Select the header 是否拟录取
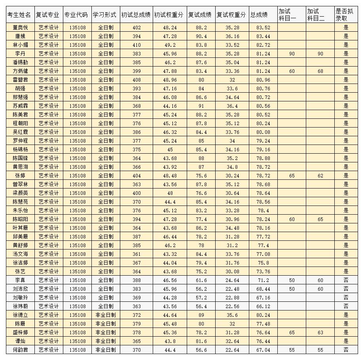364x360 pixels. (x=345, y=15)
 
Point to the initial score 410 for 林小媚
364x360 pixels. (x=136, y=45)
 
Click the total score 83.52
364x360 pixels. (x=263, y=27)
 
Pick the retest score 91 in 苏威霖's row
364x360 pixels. (x=201, y=106)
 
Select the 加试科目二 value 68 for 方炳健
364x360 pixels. (x=320, y=71)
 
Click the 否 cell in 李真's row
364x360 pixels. (x=346, y=280)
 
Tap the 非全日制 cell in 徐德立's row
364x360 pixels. (x=105, y=315)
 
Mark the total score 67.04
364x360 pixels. (x=263, y=350)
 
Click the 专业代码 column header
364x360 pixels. (x=77, y=15)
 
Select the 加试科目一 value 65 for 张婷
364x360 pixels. (x=292, y=175)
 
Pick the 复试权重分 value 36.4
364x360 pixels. (x=232, y=106)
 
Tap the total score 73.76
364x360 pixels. (x=263, y=271)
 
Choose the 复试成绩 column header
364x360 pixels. (x=201, y=15)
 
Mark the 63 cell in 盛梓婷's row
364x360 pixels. (x=320, y=332)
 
